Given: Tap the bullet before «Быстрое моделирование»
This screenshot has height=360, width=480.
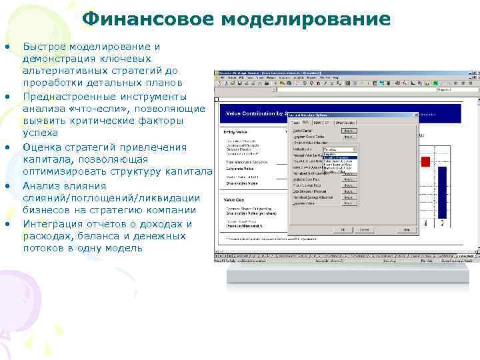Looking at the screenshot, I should pos(7,47).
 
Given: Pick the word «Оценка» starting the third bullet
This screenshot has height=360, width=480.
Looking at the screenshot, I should pos(41,147).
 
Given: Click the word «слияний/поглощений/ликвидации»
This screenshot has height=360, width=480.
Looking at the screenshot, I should pos(111,198).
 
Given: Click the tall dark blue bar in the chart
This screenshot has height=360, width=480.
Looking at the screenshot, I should pos(442,193).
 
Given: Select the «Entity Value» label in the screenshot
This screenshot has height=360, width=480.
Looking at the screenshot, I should pos(235,132).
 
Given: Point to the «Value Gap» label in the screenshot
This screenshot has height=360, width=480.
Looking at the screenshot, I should pos(234,199).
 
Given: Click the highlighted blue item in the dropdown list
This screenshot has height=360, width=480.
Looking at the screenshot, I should pos(340,156).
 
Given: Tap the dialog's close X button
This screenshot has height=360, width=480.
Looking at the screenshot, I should pos(414,115).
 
